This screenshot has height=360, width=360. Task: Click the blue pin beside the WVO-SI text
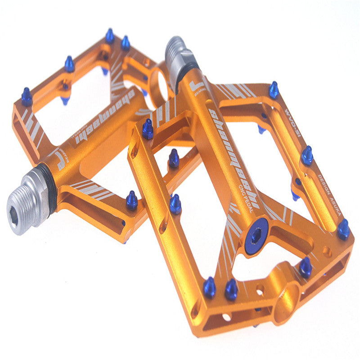coord(274,90)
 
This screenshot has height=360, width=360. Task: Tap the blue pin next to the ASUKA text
coord(343,229)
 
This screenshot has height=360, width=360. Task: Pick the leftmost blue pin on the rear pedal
coord(27,97)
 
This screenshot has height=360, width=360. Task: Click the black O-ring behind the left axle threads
coord(49,189)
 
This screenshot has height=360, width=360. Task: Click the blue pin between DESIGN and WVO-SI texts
coord(307,156)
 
